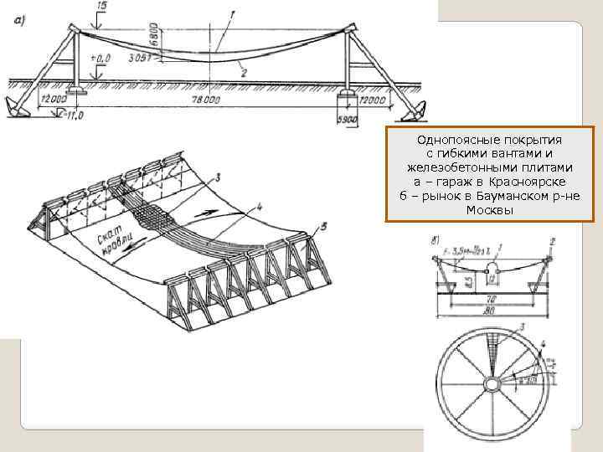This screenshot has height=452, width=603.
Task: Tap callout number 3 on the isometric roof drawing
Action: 217,177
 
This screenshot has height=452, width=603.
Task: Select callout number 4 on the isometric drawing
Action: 260,204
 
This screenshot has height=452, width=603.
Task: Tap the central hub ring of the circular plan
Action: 494,384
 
